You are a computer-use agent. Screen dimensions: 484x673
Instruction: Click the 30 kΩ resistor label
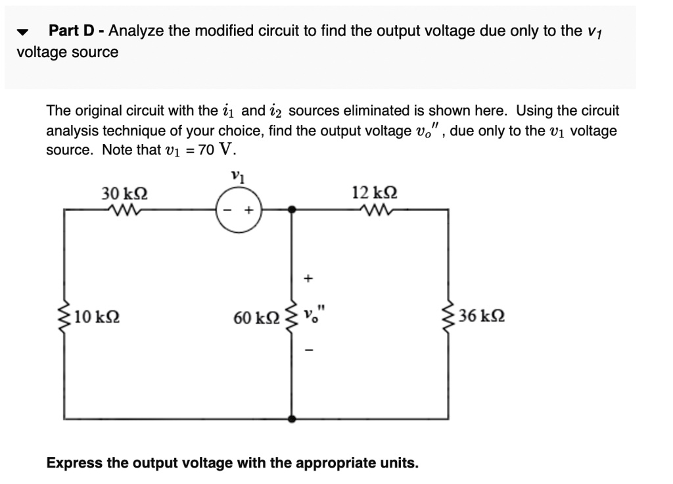point(124,193)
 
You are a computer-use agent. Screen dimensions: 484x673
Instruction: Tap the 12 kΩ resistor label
point(375,193)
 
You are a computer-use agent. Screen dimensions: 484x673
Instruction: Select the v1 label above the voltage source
point(237,177)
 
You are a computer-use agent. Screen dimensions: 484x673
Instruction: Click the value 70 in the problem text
point(206,149)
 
